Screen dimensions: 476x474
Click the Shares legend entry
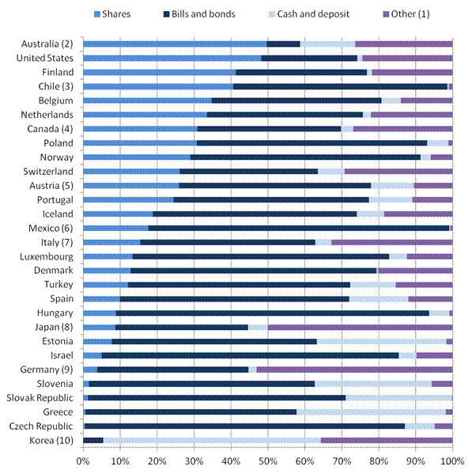[112, 14]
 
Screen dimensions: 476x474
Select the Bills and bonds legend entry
[199, 14]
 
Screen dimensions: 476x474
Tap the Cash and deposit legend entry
[309, 14]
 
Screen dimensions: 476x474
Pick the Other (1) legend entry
[406, 14]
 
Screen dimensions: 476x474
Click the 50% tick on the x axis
[268, 461]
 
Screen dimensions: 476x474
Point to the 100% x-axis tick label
[452, 461]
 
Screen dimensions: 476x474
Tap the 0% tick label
[83, 461]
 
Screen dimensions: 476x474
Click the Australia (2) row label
[47, 44]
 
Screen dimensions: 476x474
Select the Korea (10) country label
[51, 440]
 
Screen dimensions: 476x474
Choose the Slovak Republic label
[40, 398]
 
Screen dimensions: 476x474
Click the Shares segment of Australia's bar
[175, 44]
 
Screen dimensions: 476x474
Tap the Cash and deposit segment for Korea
[212, 440]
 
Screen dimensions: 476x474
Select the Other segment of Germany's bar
[354, 370]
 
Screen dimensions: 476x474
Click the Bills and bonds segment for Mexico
[299, 228]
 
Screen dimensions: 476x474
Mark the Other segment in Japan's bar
[360, 328]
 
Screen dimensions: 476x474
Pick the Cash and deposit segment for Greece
[371, 412]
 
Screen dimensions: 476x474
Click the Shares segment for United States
[172, 58]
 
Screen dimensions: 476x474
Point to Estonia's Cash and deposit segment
[382, 341]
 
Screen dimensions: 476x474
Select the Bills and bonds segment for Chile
[340, 86]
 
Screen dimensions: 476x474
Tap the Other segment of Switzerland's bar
[399, 172]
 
